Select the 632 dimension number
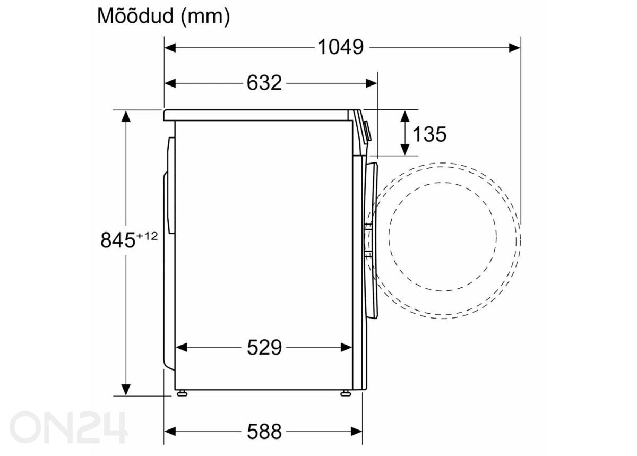point(264,83)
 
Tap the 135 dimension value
point(429,134)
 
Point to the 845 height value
point(118,240)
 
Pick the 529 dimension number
point(264,348)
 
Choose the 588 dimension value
point(264,432)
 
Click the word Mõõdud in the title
point(135,16)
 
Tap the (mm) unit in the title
point(205,16)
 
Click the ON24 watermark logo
point(69,427)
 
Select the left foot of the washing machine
point(182,393)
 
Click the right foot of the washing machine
point(346,393)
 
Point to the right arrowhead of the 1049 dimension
point(515,48)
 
